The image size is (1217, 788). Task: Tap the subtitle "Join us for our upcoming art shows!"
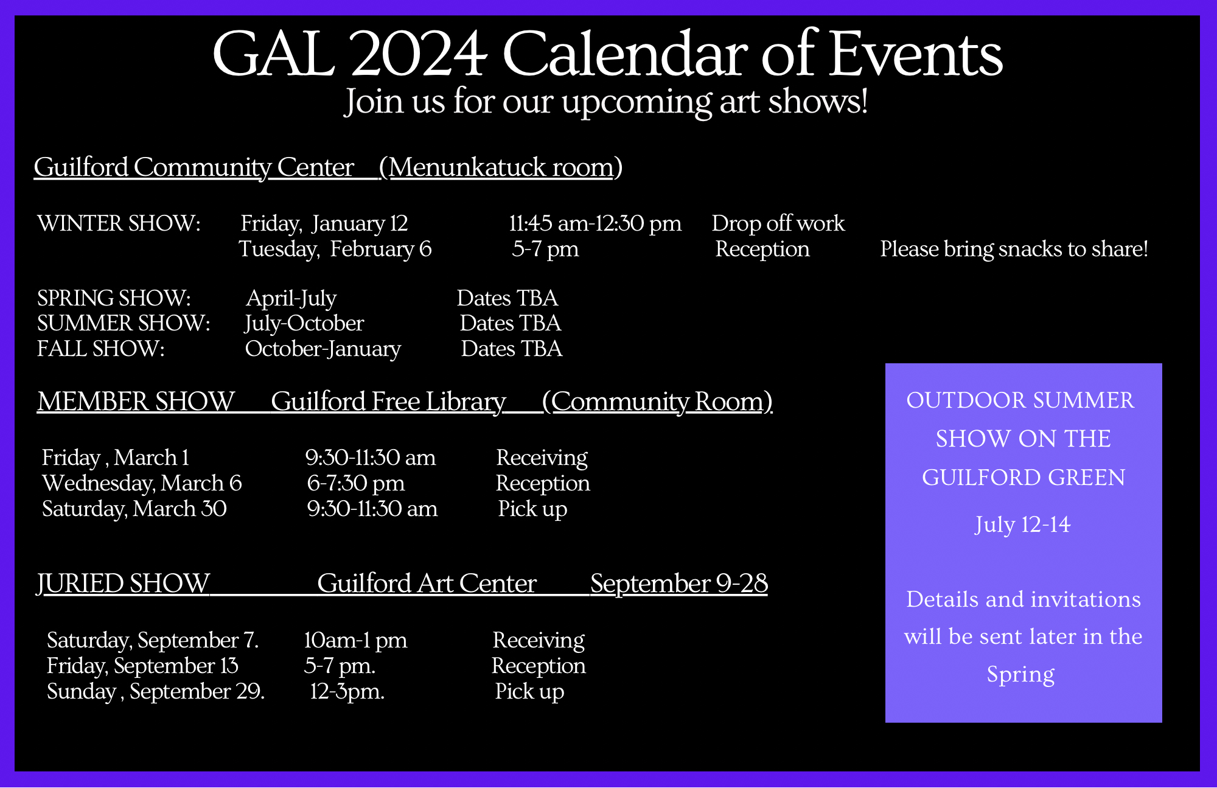(606, 102)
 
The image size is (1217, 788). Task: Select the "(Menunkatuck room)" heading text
(500, 167)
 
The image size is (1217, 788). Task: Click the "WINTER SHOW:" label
(119, 223)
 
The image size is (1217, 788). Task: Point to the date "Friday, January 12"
(324, 224)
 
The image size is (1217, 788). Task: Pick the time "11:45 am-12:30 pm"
(595, 224)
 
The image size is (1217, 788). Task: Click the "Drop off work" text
(778, 224)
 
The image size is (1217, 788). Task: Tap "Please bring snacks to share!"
(1014, 249)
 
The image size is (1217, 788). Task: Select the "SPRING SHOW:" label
(114, 298)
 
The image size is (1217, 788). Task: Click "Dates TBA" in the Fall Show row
(512, 349)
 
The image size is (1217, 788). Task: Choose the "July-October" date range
(304, 324)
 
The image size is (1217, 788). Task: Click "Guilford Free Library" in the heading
(388, 402)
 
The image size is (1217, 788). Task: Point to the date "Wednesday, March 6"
(142, 483)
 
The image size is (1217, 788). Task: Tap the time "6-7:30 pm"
(356, 483)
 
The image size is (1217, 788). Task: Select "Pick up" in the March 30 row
(532, 509)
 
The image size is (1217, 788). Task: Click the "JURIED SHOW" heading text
(123, 584)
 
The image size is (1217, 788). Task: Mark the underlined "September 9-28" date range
(679, 584)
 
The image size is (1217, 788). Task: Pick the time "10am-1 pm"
(355, 640)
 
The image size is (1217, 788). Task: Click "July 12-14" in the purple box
(1023, 525)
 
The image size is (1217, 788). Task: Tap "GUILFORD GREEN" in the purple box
(1023, 478)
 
